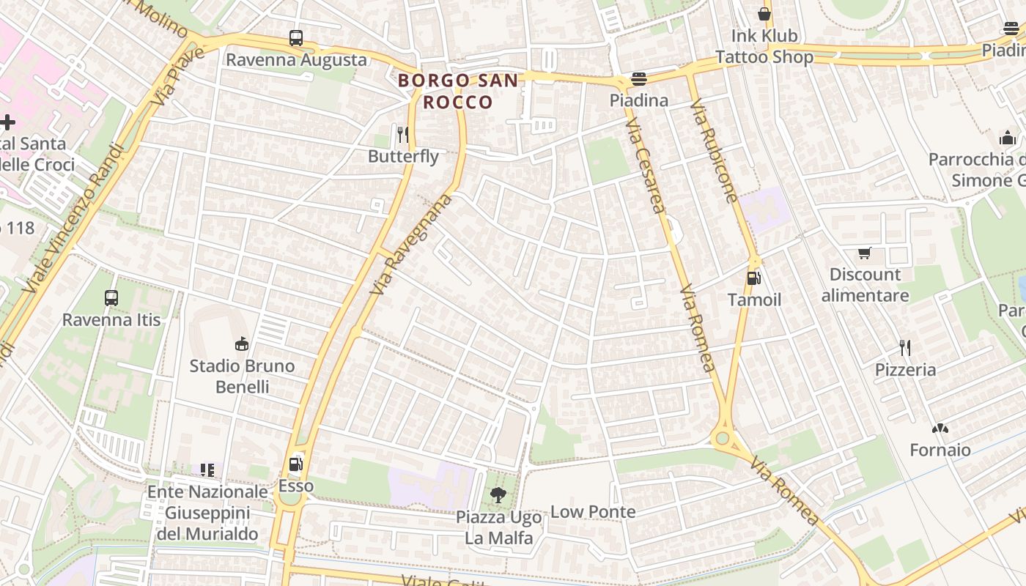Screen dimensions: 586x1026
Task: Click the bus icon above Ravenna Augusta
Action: point(296,38)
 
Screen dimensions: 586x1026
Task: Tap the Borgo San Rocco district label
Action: point(458,91)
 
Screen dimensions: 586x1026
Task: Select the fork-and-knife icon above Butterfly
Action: point(402,134)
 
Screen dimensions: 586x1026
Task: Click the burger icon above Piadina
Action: point(639,79)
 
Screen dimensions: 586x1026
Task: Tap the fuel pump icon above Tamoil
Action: point(753,278)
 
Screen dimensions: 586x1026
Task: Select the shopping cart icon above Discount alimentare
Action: point(865,253)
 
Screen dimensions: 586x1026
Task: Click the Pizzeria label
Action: point(905,369)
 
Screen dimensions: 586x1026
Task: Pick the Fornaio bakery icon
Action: point(940,428)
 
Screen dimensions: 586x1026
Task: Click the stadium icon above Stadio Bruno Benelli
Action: point(242,344)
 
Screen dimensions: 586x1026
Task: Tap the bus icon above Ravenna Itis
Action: point(111,298)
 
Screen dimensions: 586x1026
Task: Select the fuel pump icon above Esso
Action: point(295,464)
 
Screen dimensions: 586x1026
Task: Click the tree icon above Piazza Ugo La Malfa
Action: point(498,494)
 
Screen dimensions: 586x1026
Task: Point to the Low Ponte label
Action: point(592,511)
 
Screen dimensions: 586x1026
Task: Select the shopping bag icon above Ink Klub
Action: point(764,13)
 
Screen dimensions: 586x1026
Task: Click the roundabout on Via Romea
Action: point(723,439)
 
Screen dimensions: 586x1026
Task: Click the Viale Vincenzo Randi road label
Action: point(73,219)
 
